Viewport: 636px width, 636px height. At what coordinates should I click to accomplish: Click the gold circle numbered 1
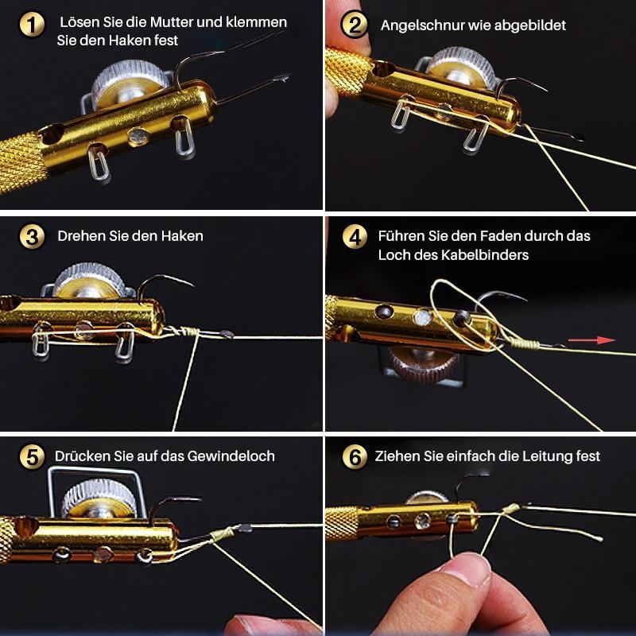[x=31, y=25]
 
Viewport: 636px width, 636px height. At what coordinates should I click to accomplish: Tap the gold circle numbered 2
[x=354, y=25]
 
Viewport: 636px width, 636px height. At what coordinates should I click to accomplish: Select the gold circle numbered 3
[x=31, y=237]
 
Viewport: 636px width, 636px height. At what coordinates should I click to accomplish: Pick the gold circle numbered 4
[x=355, y=237]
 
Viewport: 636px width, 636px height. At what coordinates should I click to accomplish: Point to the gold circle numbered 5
[x=31, y=456]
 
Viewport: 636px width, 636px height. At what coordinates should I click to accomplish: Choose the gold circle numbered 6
[x=355, y=456]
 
